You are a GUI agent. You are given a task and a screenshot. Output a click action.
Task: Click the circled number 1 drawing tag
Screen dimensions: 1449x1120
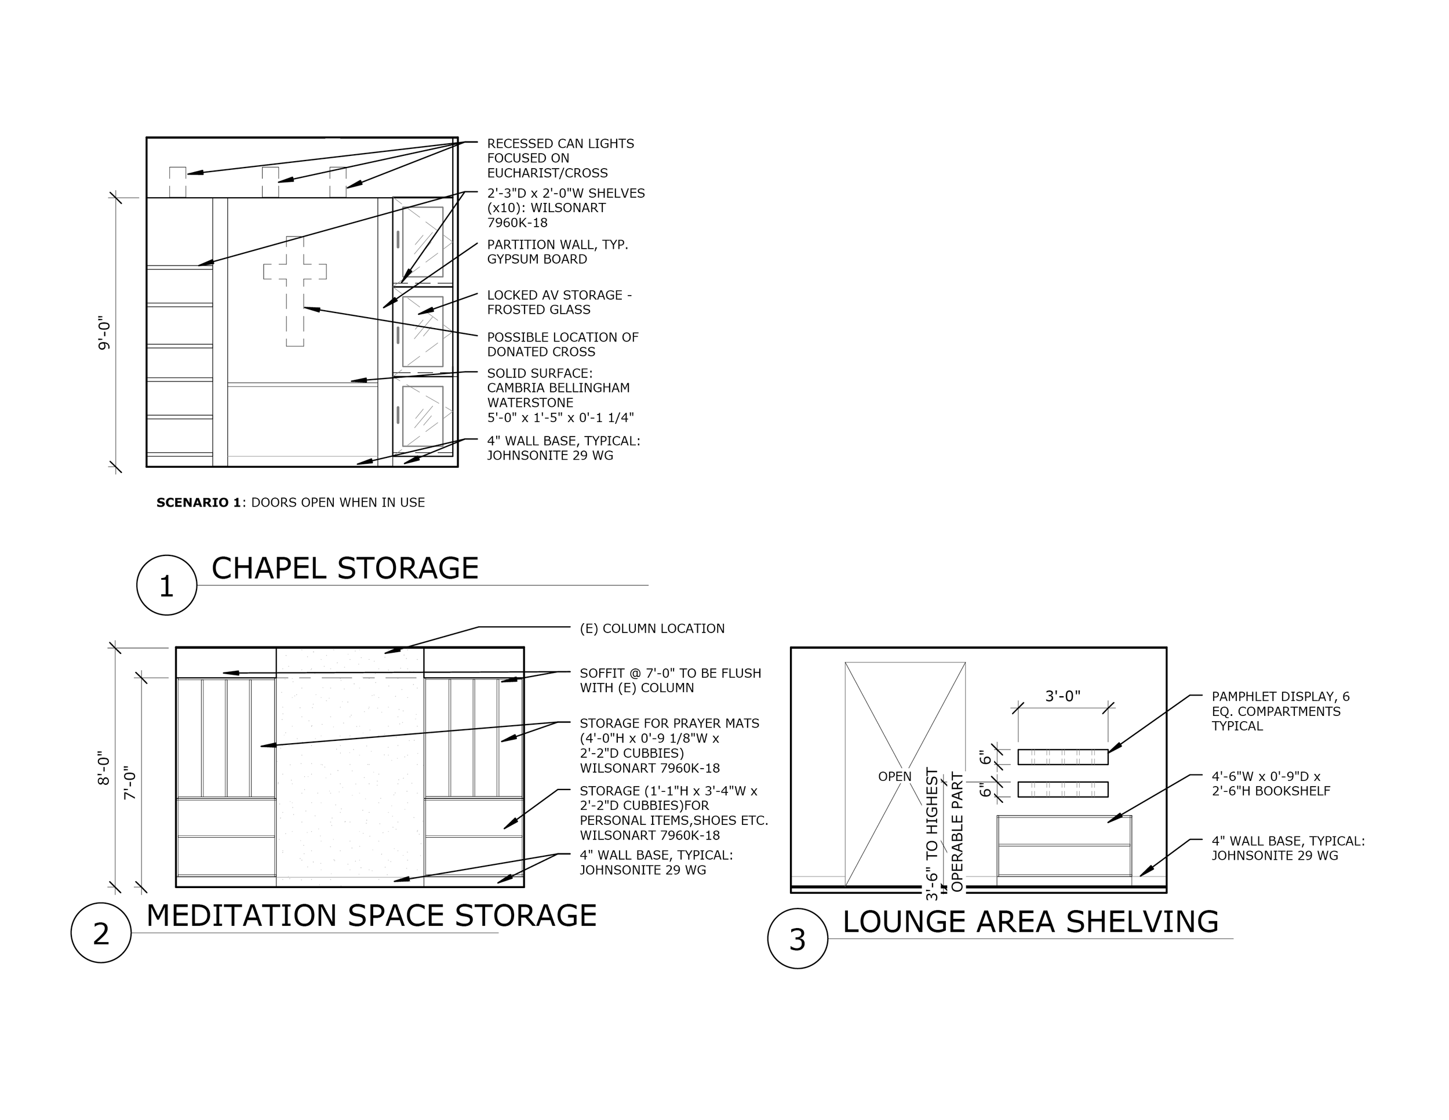click(x=166, y=585)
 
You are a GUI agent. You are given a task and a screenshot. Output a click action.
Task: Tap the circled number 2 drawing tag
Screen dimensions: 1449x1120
click(x=101, y=933)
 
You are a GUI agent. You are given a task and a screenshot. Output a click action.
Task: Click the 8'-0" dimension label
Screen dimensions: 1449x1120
click(x=104, y=768)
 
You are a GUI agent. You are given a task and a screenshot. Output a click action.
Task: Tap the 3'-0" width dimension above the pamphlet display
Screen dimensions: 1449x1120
click(x=1063, y=696)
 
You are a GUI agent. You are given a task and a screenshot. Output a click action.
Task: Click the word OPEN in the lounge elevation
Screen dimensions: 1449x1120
click(x=894, y=776)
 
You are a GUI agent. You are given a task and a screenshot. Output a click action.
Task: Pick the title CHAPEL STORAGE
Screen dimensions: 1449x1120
click(x=345, y=568)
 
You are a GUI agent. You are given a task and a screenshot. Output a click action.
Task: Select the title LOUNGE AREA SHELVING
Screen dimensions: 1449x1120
click(x=1031, y=922)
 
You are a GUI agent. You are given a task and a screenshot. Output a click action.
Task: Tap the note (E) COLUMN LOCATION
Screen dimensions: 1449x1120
click(x=652, y=628)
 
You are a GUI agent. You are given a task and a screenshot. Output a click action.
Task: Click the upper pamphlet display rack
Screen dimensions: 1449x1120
click(x=1063, y=757)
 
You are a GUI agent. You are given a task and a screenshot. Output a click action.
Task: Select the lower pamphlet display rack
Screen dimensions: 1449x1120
click(x=1063, y=790)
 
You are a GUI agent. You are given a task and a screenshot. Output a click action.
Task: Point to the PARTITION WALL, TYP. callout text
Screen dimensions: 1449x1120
click(x=558, y=252)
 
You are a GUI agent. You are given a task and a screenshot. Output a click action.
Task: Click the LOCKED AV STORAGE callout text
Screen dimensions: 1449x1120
click(x=559, y=302)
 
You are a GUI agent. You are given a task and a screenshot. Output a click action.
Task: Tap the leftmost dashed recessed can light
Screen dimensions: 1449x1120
click(x=177, y=182)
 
